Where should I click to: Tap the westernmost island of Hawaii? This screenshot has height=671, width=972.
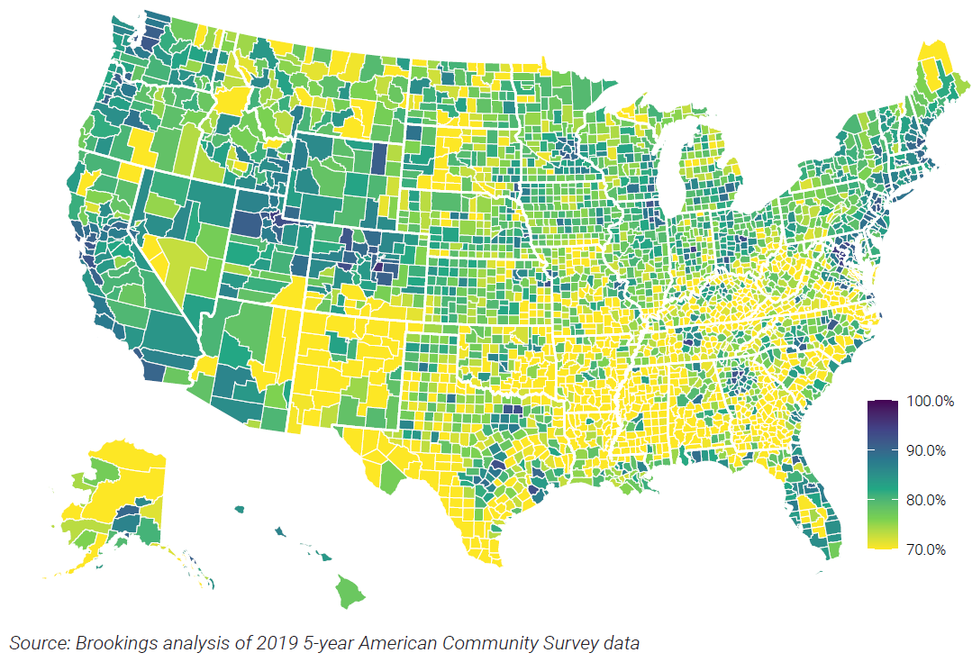coord(240,510)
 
